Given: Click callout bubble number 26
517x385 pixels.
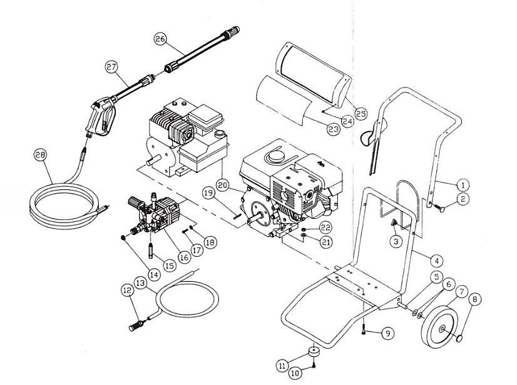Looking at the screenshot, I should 161,39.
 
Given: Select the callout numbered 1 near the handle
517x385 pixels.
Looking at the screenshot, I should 462,185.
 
